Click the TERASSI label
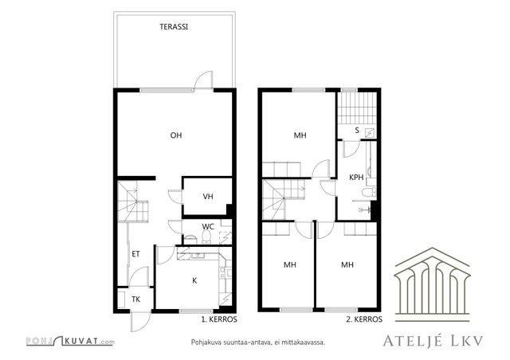(174, 27)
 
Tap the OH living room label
(176, 135)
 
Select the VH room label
(208, 197)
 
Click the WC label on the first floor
(208, 226)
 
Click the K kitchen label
(194, 280)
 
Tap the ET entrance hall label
(135, 254)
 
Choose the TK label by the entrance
(135, 299)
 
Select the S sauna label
(357, 131)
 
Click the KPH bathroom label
(356, 178)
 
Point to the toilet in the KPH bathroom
(369, 192)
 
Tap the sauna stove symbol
(370, 133)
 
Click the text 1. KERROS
(219, 319)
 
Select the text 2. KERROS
(364, 319)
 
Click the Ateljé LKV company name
(433, 341)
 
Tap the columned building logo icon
(432, 284)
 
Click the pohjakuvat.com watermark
(70, 341)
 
